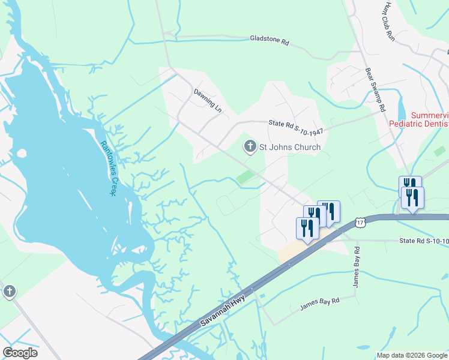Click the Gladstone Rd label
coord(270,41)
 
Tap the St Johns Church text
coord(289,147)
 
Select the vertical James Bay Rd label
coord(356,266)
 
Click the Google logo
coord(20,352)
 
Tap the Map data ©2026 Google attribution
coord(412,355)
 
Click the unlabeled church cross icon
coord(9,292)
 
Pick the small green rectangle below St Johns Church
coord(246,177)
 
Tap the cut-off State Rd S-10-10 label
coord(424,241)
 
